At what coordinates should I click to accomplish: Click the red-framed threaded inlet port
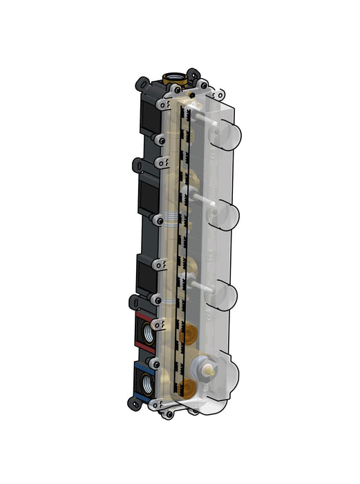(146, 330)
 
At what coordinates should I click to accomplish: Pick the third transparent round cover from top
(225, 295)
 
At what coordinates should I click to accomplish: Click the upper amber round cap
(187, 337)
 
